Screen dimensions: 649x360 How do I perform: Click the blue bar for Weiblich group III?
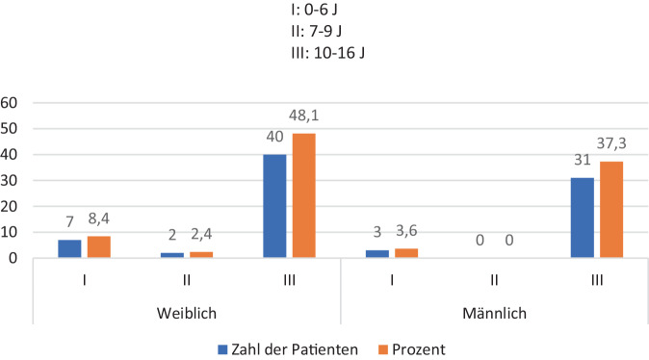(x=274, y=206)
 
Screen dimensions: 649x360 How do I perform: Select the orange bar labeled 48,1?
(x=304, y=195)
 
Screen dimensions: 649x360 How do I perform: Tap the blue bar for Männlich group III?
(x=582, y=218)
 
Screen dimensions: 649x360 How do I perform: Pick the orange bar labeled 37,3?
(x=611, y=210)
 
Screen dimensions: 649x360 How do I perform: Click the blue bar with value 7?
(x=69, y=248)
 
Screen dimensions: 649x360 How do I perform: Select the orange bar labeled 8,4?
(x=99, y=247)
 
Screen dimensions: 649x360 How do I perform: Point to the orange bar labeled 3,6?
(x=406, y=253)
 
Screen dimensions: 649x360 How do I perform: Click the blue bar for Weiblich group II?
(x=172, y=255)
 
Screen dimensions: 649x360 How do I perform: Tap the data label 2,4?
(x=201, y=234)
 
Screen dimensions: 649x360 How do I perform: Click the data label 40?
(x=274, y=137)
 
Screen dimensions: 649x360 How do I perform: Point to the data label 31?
(x=583, y=160)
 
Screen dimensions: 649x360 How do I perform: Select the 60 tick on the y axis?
(x=9, y=103)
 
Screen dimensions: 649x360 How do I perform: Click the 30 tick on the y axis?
(x=9, y=180)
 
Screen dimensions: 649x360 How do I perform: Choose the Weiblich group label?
(x=187, y=313)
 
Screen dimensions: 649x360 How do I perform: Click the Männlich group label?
(x=495, y=313)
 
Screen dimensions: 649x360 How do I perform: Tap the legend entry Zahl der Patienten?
(x=288, y=349)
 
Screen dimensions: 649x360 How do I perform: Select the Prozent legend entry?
(x=412, y=349)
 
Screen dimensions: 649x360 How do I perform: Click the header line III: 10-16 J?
(x=327, y=53)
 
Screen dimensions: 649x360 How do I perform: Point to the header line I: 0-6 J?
(x=314, y=10)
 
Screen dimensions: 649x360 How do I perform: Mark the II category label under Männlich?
(x=494, y=280)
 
